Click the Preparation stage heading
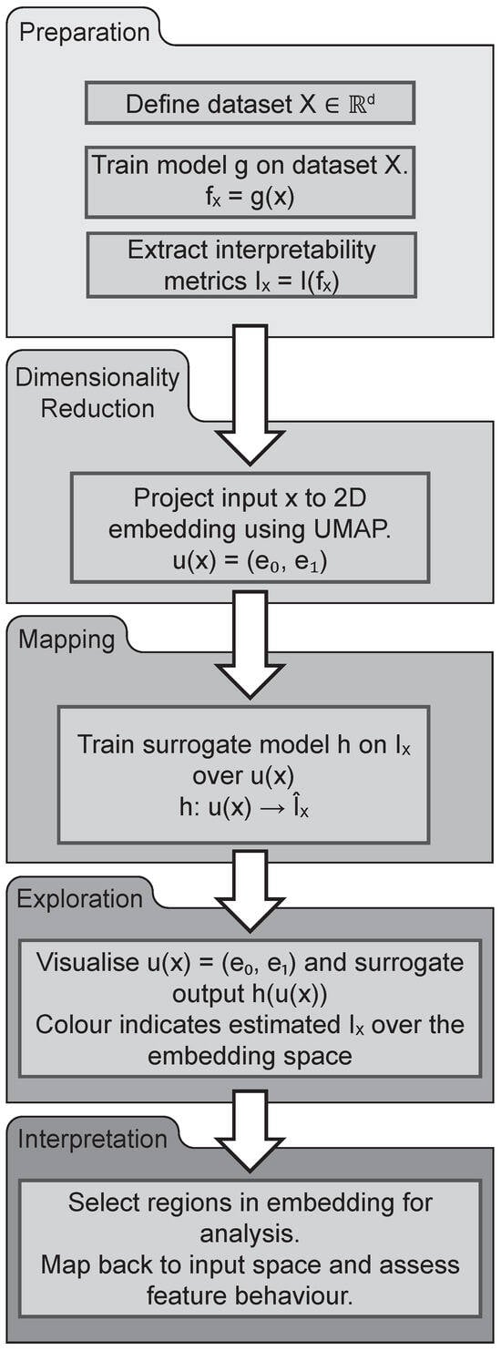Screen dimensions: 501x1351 [84, 31]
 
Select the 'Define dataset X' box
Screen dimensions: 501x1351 [250, 103]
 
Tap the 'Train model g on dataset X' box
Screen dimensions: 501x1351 [250, 181]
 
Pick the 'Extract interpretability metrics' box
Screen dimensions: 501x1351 [251, 265]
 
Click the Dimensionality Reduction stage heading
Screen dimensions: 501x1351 [97, 393]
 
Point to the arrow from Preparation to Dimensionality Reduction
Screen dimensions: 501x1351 [250, 395]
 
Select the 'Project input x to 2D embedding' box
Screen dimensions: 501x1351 [250, 527]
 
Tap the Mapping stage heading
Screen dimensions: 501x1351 [66, 639]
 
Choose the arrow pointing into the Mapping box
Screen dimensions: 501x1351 [250, 645]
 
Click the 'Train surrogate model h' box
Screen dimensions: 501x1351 [243, 774]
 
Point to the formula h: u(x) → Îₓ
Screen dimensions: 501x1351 [244, 806]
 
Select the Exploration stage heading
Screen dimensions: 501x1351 [79, 899]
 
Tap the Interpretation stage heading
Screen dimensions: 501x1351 [92, 1140]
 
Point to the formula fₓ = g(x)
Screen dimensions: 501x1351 [250, 197]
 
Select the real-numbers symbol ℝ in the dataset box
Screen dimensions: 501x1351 [356, 104]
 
